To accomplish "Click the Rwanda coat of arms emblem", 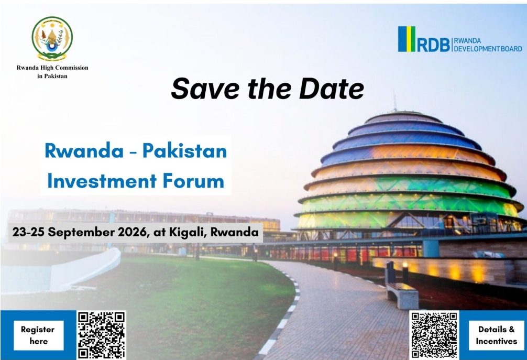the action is point(52,38).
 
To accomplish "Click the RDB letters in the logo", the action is point(434,45).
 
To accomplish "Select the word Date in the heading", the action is point(332,88).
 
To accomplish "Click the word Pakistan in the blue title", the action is point(184,151).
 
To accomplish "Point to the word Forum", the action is point(194,181).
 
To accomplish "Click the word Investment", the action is point(102,181).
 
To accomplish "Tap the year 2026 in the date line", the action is point(133,232).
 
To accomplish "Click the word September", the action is point(81,233).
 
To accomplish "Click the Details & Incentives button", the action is point(497,335).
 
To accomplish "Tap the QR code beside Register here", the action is point(101,335).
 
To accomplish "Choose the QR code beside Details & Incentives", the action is point(434,335).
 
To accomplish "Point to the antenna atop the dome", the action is point(395,102).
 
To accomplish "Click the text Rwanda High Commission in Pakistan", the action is point(52,72).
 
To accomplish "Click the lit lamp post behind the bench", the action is point(405,272).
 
